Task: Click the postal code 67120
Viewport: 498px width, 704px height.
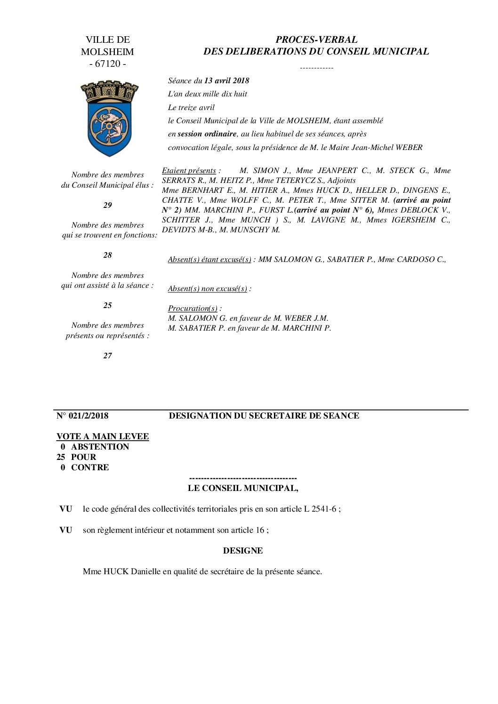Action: click(x=108, y=64)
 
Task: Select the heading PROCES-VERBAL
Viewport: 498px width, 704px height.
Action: click(x=316, y=40)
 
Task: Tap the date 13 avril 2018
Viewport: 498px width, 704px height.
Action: click(x=227, y=80)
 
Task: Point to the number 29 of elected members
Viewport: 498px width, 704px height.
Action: click(x=108, y=205)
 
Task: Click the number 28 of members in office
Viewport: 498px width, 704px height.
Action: click(x=108, y=255)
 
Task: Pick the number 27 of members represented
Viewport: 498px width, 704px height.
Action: click(x=108, y=356)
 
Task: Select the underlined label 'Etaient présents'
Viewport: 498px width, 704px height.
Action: click(x=189, y=170)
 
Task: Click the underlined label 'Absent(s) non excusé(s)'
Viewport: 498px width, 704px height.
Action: click(x=208, y=288)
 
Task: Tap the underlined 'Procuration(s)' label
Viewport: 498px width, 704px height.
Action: click(x=193, y=308)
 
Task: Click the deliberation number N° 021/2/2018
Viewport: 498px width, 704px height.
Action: click(x=82, y=416)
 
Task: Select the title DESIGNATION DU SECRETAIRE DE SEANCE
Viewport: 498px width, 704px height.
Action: click(x=264, y=416)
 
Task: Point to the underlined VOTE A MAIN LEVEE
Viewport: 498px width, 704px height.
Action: click(x=103, y=436)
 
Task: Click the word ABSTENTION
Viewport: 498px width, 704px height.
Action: click(x=100, y=447)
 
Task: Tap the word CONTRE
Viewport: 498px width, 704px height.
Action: click(x=90, y=467)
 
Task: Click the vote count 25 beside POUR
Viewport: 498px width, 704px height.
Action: click(x=61, y=457)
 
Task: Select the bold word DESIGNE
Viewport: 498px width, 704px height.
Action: click(x=243, y=550)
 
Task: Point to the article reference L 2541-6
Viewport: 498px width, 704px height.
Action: click(x=321, y=509)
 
